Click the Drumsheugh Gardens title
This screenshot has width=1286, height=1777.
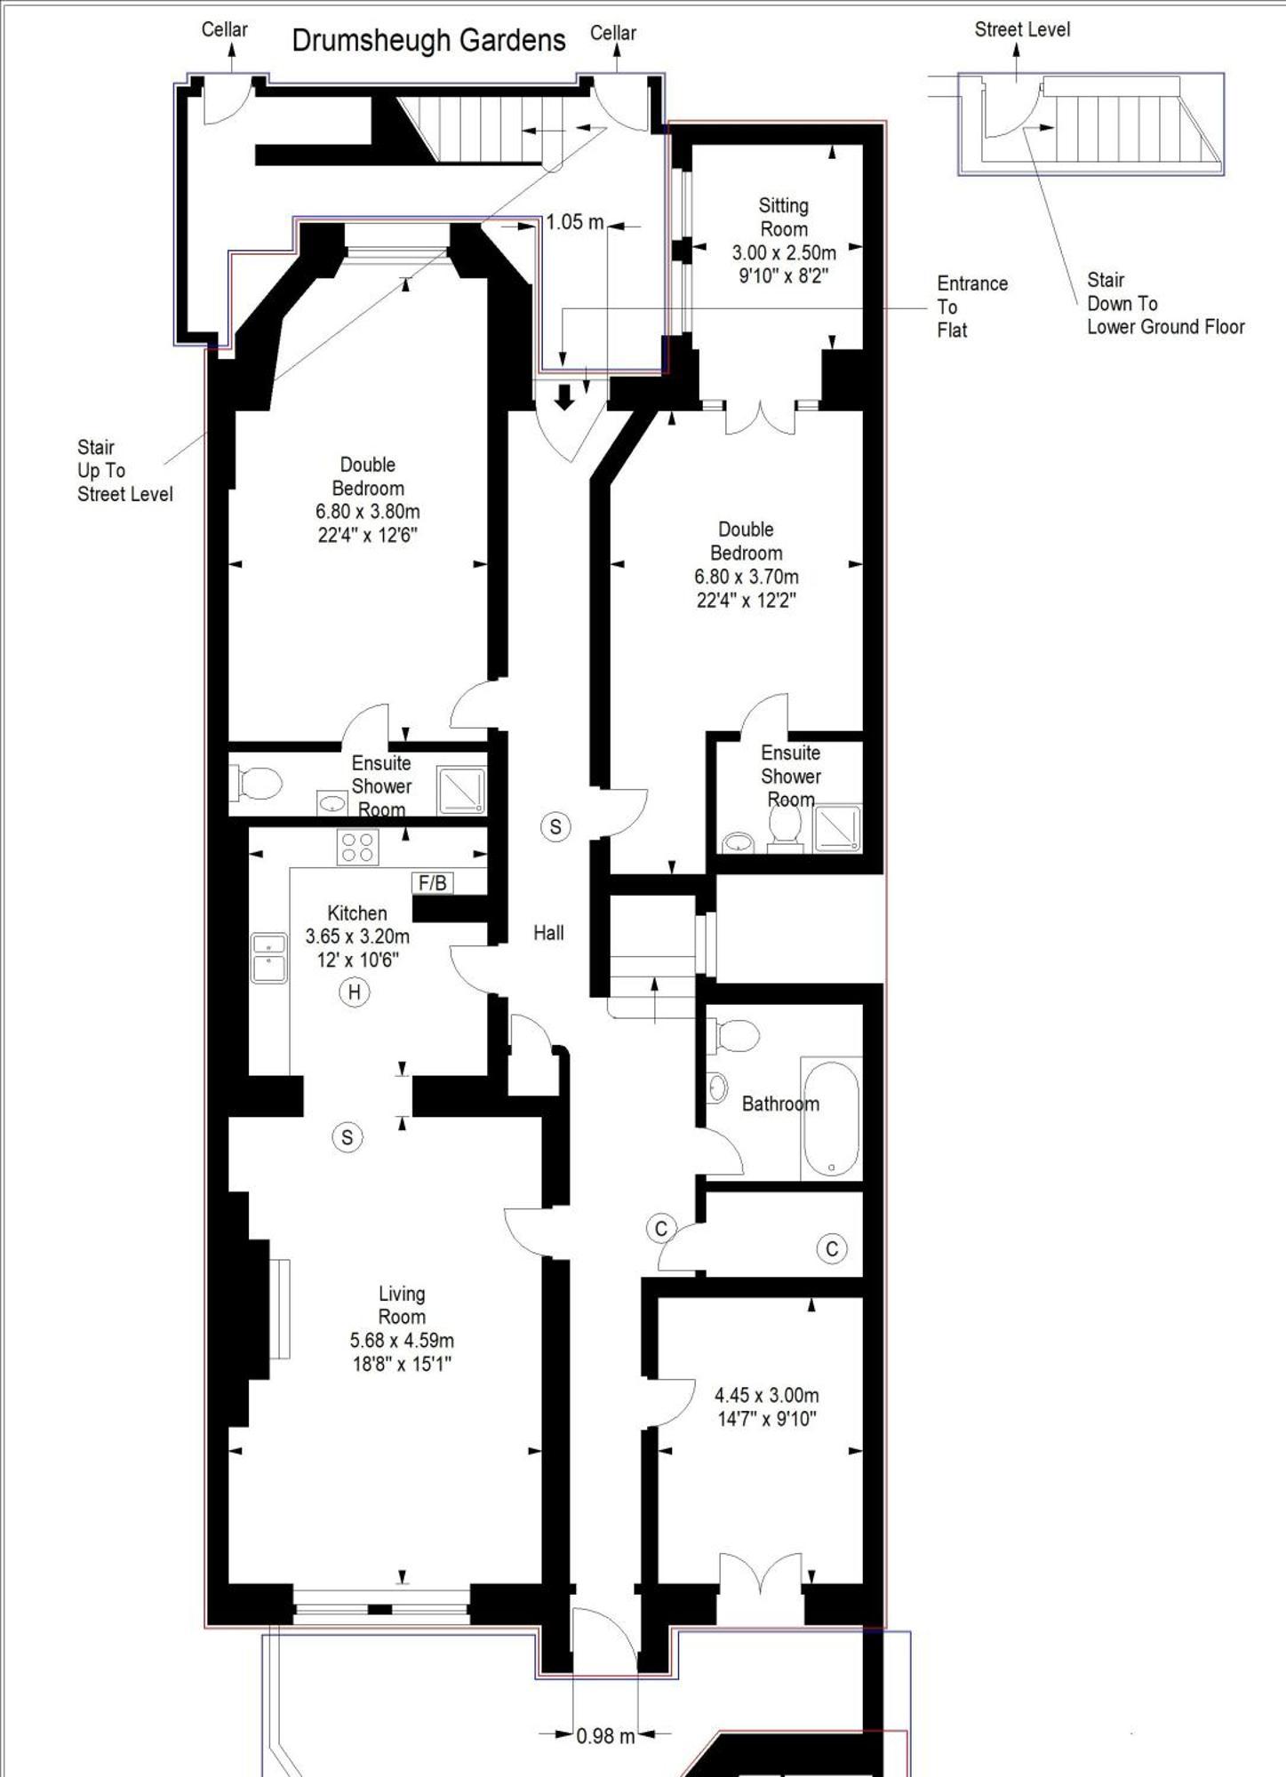pyautogui.click(x=428, y=41)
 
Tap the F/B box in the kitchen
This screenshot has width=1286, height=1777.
pyautogui.click(x=433, y=882)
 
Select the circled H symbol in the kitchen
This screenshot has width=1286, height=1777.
pyautogui.click(x=355, y=992)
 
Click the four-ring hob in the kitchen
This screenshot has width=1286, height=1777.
pyautogui.click(x=357, y=847)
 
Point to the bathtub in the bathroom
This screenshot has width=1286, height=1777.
pyautogui.click(x=831, y=1119)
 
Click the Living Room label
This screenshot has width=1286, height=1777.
pyautogui.click(x=402, y=1305)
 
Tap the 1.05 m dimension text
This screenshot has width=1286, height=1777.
pyautogui.click(x=574, y=222)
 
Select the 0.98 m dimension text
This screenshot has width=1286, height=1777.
pyautogui.click(x=605, y=1735)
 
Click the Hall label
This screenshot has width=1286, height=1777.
pyautogui.click(x=548, y=933)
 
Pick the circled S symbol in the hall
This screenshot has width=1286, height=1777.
pyautogui.click(x=555, y=827)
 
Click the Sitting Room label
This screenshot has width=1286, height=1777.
pyautogui.click(x=783, y=217)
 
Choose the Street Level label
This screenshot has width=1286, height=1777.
pyautogui.click(x=1022, y=29)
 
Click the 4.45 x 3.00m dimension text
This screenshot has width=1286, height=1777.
pyautogui.click(x=767, y=1395)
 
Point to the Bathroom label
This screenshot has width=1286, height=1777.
pyautogui.click(x=780, y=1104)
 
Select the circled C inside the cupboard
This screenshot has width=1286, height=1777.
pyautogui.click(x=832, y=1249)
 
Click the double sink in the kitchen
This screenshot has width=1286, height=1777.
pyautogui.click(x=268, y=958)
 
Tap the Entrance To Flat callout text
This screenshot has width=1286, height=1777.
pyautogui.click(x=972, y=307)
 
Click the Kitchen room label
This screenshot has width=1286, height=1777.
pyautogui.click(x=357, y=913)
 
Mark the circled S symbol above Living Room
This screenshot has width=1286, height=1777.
pyautogui.click(x=347, y=1137)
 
